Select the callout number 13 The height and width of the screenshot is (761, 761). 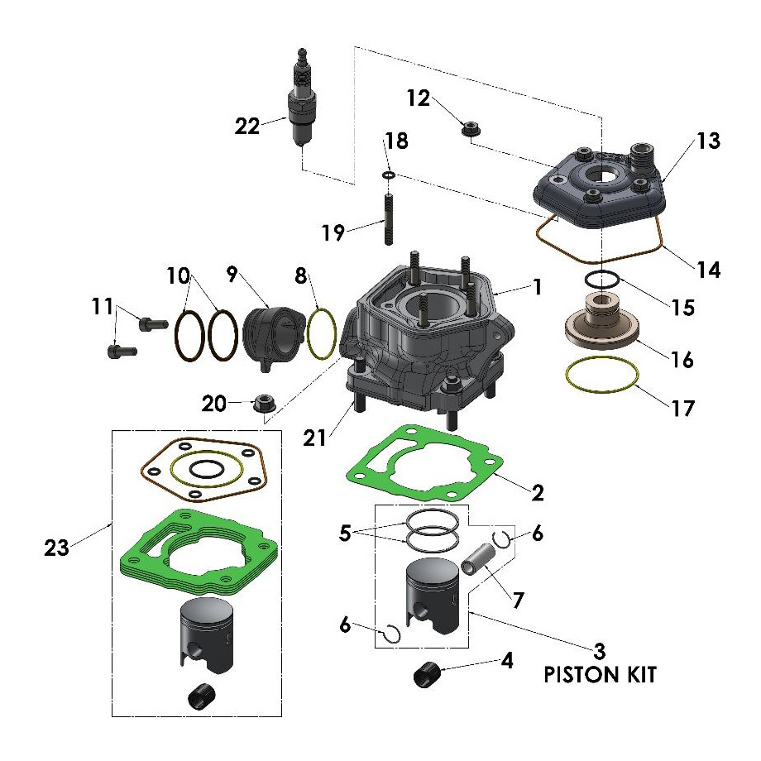point(708,141)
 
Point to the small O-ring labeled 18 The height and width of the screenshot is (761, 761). point(387,175)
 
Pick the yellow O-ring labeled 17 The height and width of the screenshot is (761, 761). point(601,376)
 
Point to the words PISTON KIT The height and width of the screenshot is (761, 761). point(600,675)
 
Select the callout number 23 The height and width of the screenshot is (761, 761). point(55,546)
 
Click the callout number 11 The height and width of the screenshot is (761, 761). point(103,307)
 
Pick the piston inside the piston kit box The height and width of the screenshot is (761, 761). point(433,598)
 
